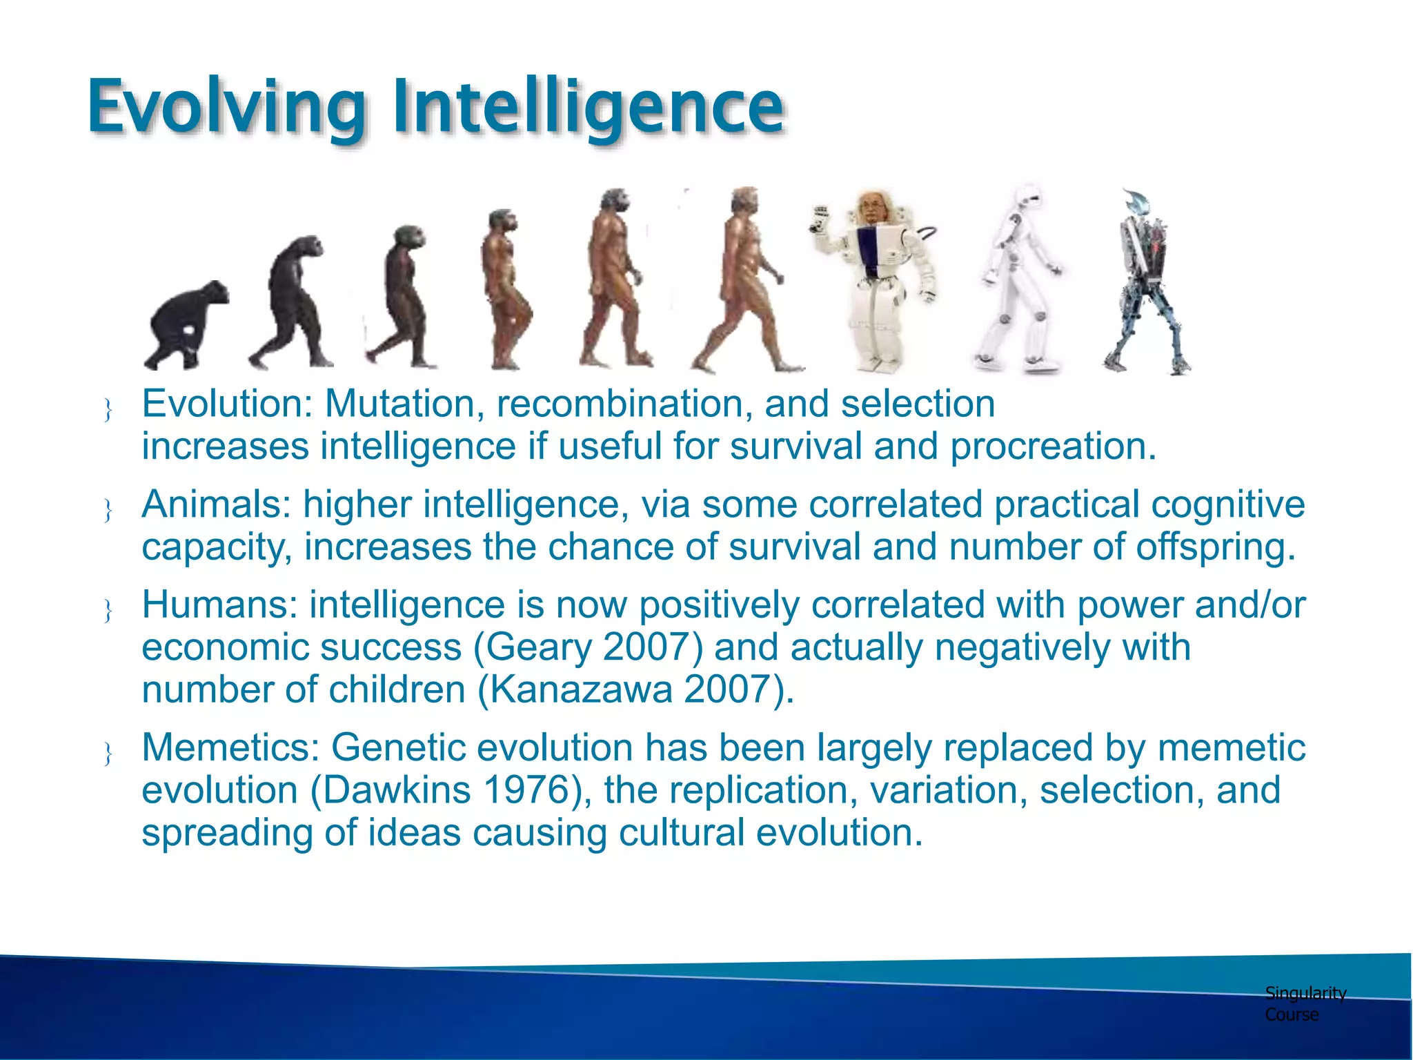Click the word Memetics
pos(231,747)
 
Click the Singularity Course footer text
pos(1304,1003)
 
